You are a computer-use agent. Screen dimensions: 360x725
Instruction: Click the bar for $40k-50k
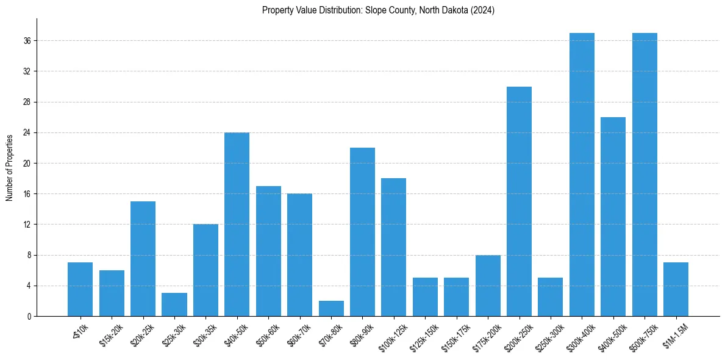(237, 224)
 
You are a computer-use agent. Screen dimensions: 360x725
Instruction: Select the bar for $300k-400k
(582, 175)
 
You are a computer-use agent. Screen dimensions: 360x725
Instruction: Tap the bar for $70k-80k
(331, 308)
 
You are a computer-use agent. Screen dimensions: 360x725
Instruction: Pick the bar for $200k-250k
(519, 201)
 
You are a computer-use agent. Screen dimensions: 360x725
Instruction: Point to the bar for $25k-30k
(174, 304)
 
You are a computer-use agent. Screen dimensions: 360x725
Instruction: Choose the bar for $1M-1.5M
(676, 289)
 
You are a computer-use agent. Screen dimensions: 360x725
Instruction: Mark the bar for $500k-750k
(645, 175)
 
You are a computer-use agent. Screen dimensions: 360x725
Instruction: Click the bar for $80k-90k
(362, 232)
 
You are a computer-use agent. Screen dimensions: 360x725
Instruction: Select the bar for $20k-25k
(143, 259)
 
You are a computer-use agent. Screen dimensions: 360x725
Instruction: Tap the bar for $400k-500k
(613, 217)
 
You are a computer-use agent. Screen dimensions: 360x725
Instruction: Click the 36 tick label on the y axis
(27, 41)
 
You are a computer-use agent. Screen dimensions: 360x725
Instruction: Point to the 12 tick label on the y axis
(27, 225)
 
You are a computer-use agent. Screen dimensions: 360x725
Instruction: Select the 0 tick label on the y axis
(29, 316)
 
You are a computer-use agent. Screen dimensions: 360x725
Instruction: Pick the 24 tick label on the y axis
(27, 132)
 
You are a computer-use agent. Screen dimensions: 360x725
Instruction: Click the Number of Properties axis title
(9, 167)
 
